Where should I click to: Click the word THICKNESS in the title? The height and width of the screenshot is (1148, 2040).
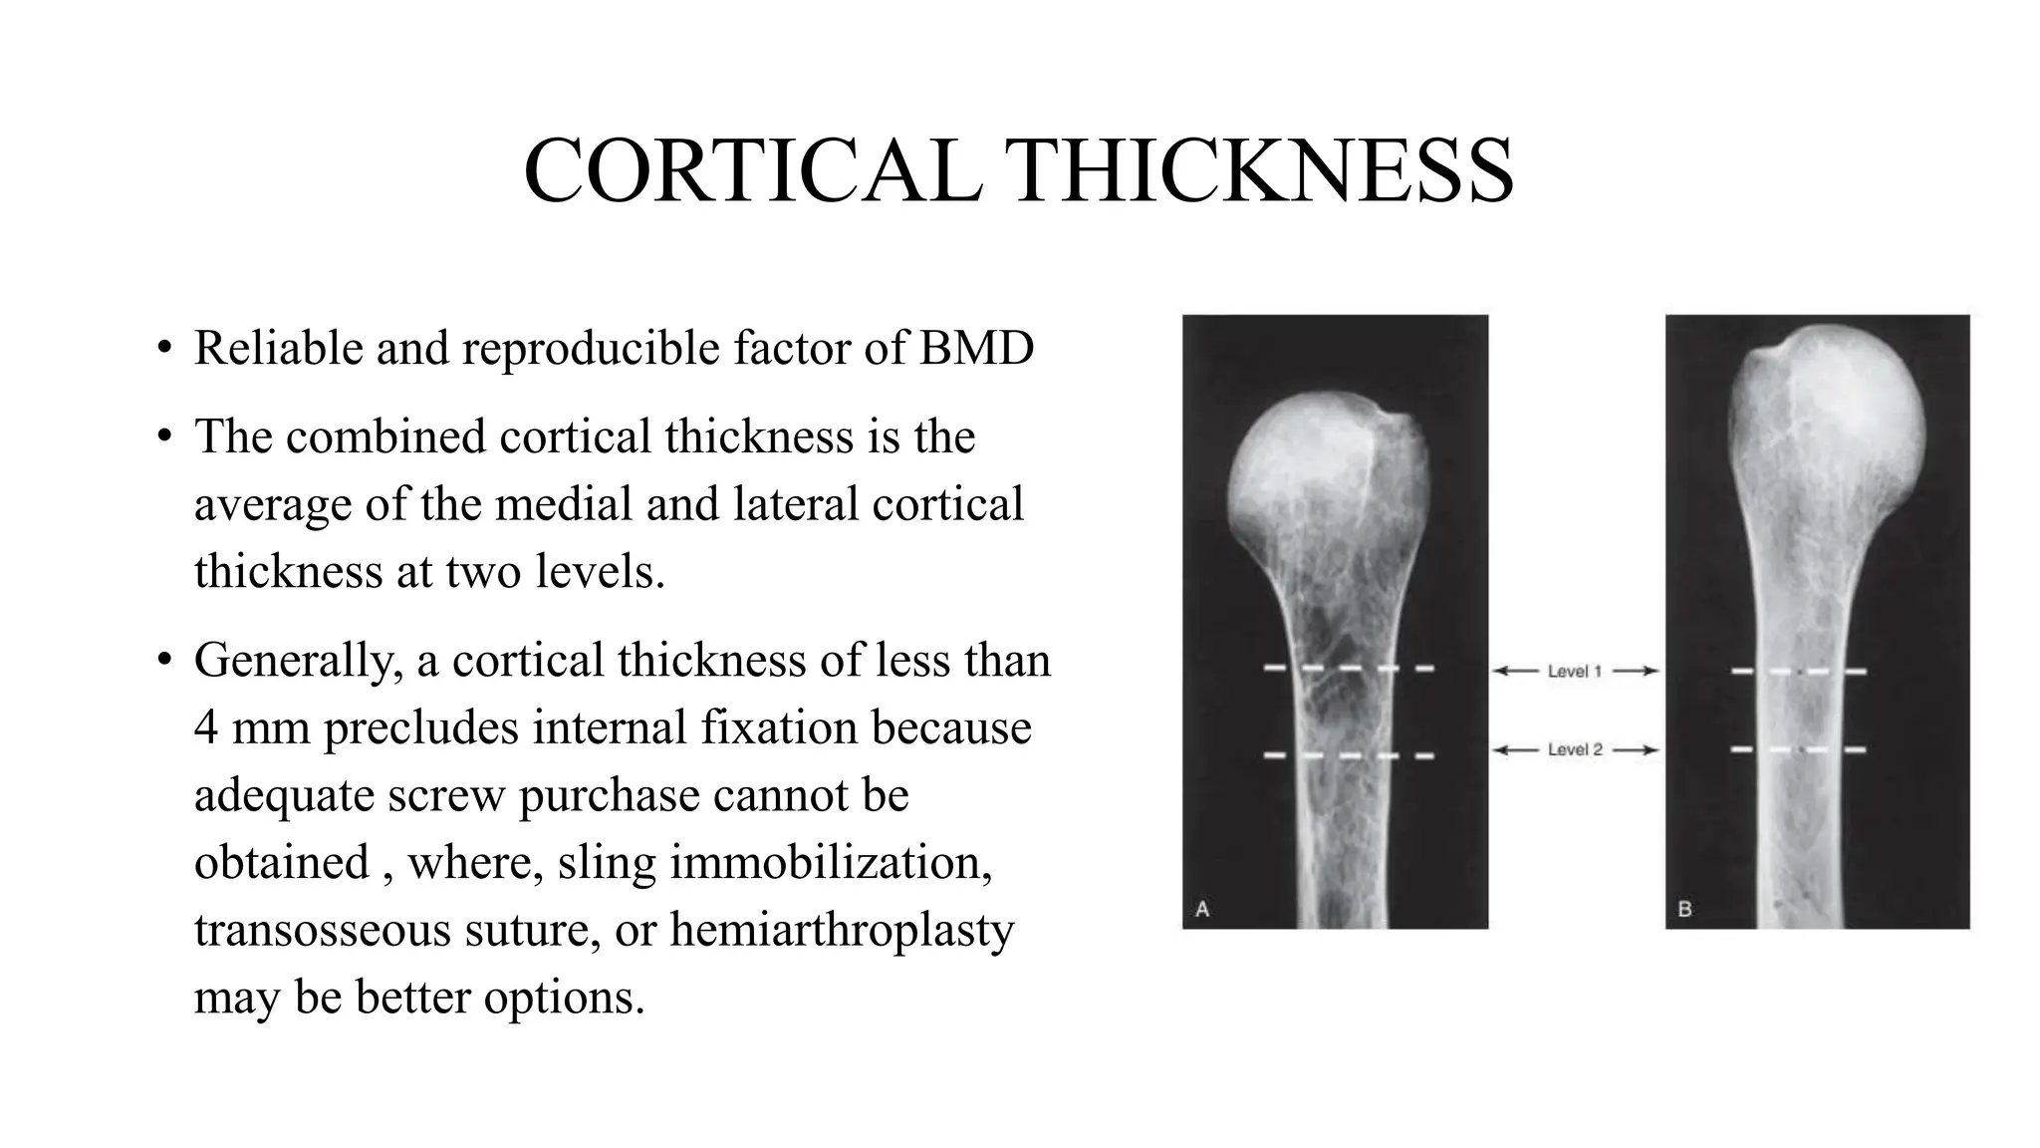pos(1259,170)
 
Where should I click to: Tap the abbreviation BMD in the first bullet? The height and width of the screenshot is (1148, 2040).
pos(976,348)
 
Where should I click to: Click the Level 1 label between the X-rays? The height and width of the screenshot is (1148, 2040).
pos(1575,672)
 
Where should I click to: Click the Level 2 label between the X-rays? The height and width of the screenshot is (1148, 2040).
pos(1575,749)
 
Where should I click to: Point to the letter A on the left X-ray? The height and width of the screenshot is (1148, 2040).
pos(1202,909)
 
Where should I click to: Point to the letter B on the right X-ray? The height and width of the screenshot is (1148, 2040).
pos(1685,909)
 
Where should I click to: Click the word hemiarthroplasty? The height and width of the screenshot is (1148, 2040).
pos(842,930)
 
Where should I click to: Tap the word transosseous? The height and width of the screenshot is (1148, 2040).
pos(322,930)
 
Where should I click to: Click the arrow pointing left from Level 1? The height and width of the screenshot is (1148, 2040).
pos(1516,672)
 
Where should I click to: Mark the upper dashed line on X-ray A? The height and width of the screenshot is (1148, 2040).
pos(1349,668)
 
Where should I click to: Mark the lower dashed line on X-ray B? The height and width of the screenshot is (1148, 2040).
pos(1798,748)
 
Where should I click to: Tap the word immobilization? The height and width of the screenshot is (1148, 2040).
pos(831,862)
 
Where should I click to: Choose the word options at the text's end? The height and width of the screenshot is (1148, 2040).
pos(565,997)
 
